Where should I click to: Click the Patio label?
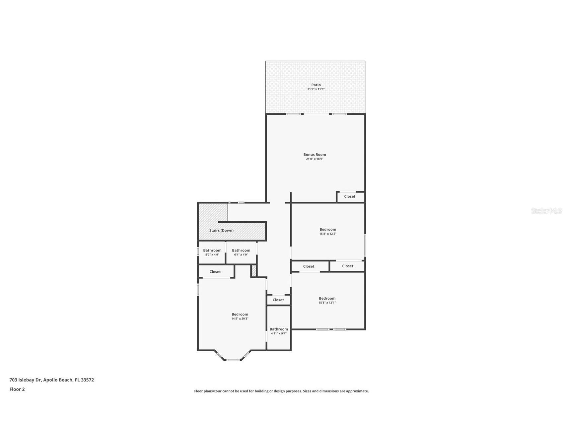(x=316, y=85)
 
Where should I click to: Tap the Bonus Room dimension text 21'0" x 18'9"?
(x=314, y=159)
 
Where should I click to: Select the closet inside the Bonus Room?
(x=349, y=196)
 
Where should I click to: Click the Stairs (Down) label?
(x=221, y=231)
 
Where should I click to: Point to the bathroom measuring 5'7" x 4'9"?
(x=212, y=252)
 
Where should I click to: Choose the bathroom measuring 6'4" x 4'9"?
(x=241, y=252)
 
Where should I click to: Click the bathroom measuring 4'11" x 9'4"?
(x=278, y=331)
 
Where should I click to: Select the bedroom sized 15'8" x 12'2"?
(x=327, y=231)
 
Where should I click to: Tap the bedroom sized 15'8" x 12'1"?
(x=327, y=300)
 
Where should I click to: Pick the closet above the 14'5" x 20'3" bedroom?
(x=215, y=272)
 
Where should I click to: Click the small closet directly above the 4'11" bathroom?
(x=278, y=300)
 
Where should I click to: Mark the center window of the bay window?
(x=233, y=360)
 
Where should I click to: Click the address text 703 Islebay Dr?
(x=26, y=380)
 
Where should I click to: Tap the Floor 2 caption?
(x=17, y=389)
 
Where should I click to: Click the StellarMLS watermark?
(x=546, y=211)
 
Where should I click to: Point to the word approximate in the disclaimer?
(x=357, y=391)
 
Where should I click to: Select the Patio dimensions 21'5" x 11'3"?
(x=316, y=89)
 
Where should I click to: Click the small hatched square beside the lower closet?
(x=254, y=271)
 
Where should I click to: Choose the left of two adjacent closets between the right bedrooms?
(x=309, y=266)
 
